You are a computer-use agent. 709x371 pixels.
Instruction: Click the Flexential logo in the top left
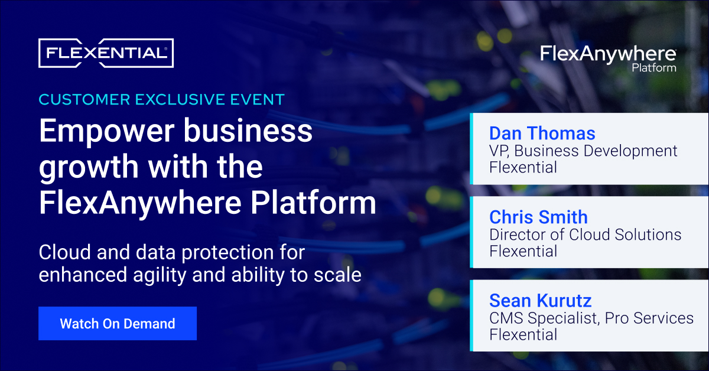coord(106,53)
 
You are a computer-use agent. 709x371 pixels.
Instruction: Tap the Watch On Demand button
coord(117,324)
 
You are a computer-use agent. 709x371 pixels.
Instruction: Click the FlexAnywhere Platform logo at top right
coord(608,57)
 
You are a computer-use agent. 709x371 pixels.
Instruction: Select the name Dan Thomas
coord(542,133)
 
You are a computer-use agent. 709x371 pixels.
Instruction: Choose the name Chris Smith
coord(538,217)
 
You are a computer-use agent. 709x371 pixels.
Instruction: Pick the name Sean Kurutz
coord(540,301)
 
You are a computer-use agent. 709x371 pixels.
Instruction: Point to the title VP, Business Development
coord(583,151)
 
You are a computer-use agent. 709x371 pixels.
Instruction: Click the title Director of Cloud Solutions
coord(585,235)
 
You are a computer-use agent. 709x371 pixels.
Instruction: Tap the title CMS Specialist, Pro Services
coord(591,318)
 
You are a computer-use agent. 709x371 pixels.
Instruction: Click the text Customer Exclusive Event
coord(161,99)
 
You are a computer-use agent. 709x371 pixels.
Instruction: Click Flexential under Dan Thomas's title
coord(523,167)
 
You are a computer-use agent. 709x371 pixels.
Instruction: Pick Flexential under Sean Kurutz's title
coord(523,335)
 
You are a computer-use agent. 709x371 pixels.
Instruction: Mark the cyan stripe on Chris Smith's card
coord(472,232)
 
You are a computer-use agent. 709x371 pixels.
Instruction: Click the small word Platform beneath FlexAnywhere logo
coord(653,68)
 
